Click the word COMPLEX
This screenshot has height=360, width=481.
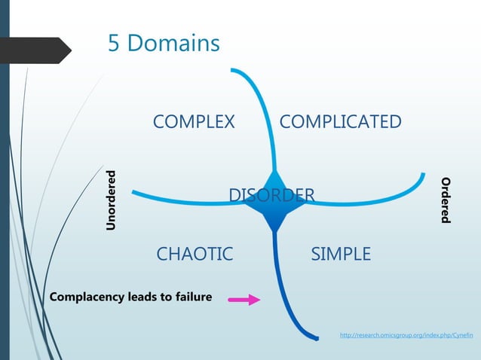pos(194,122)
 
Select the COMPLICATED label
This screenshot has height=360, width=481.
pos(340,122)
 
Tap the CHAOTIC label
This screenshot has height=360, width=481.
pos(195,254)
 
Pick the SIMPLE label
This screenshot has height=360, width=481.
pos(341,254)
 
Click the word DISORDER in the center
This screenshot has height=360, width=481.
pos(271,197)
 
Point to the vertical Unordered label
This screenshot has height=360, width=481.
pos(111,200)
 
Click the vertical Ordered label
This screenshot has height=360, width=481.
pos(446,200)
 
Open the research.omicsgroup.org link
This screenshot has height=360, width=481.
pos(406,334)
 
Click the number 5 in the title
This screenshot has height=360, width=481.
pos(115,43)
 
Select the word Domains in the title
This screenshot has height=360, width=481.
pos(173,43)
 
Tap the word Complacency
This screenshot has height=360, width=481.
pos(87,297)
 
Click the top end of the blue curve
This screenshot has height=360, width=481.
pos(234,71)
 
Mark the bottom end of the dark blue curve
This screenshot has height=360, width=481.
pos(315,337)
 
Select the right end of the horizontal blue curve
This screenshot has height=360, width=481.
pos(421,175)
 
